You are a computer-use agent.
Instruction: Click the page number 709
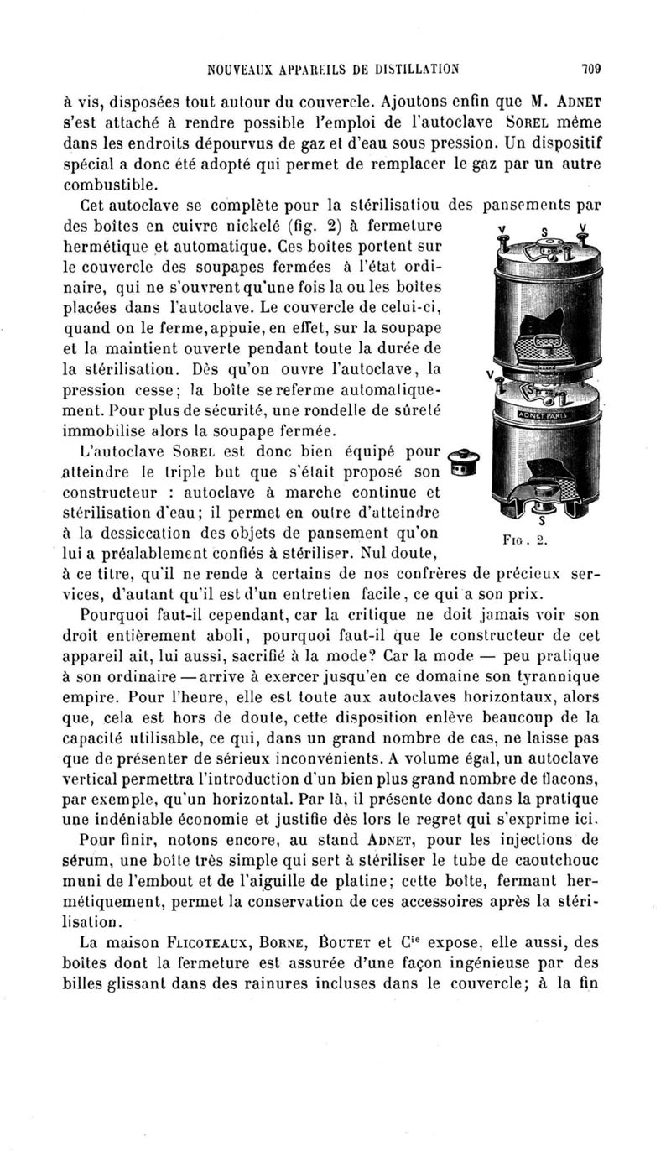click(x=602, y=70)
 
